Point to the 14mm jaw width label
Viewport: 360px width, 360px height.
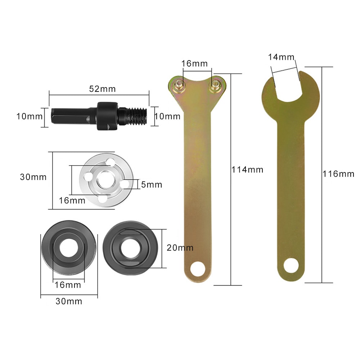pos(281,57)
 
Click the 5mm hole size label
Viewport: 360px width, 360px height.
pos(151,185)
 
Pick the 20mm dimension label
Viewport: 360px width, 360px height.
pos(180,248)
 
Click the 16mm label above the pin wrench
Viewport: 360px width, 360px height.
pos(195,64)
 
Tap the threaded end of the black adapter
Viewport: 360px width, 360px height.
pos(138,116)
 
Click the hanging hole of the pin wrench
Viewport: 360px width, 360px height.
pos(198,268)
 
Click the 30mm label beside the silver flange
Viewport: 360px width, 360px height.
pos(33,177)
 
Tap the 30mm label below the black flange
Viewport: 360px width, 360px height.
pos(69,301)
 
